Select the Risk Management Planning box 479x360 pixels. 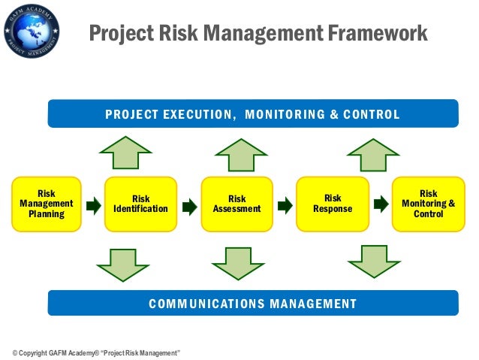(x=46, y=204)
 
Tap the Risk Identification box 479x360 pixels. (x=140, y=204)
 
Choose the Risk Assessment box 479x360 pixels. (x=236, y=204)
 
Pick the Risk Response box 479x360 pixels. (x=333, y=204)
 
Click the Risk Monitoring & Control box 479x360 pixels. (x=428, y=204)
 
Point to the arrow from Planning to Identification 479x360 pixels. (x=93, y=204)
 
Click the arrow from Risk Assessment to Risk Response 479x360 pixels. (x=285, y=204)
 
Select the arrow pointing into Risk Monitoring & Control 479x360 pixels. (x=381, y=204)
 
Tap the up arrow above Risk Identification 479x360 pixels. (x=125, y=153)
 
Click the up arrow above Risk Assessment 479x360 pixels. (x=241, y=155)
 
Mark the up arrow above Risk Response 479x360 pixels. (x=373, y=153)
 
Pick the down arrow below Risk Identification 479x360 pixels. (x=123, y=265)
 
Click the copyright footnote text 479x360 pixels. (x=95, y=352)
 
